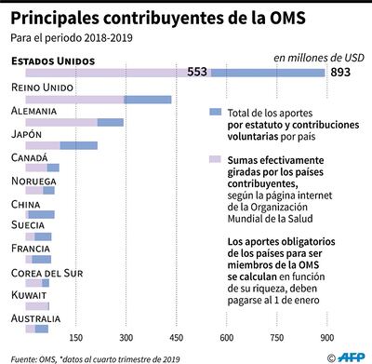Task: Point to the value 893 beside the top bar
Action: coord(341,74)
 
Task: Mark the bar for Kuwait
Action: coord(37,305)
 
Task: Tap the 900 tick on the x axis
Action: coord(327,338)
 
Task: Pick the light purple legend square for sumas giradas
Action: coord(216,159)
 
